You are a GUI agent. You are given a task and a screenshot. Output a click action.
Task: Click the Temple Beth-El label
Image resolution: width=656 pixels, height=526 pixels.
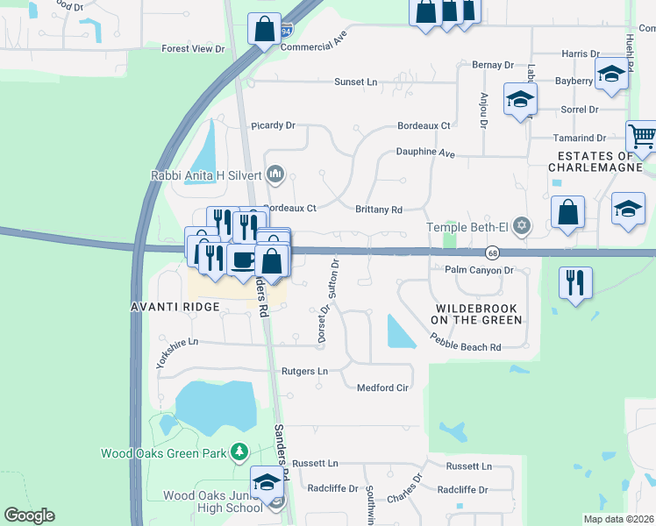468,227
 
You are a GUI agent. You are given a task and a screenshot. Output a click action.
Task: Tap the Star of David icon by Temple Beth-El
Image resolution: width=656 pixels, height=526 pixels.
523,227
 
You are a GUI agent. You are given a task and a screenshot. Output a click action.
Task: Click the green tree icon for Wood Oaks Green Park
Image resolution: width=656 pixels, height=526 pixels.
238,452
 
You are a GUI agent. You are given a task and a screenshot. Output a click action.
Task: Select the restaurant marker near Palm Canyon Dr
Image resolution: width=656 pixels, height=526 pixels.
575,282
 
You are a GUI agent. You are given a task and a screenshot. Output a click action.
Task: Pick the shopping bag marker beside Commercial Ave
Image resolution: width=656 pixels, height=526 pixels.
264,29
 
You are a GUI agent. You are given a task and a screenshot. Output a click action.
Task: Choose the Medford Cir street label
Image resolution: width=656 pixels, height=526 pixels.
383,387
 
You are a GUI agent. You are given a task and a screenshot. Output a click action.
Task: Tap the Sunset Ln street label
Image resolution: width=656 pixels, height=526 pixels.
355,82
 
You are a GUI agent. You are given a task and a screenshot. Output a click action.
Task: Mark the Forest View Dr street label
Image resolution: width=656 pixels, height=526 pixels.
193,48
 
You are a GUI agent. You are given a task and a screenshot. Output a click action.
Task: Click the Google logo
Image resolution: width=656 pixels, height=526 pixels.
29,515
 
